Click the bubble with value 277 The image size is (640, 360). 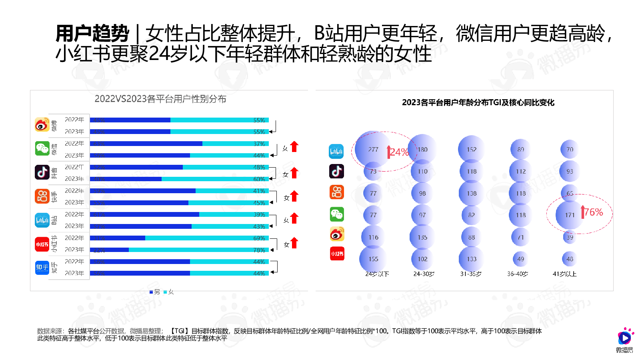[373, 149]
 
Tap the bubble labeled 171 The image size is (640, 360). [570, 215]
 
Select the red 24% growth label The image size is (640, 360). [399, 152]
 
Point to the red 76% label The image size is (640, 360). [593, 212]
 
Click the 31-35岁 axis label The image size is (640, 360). [471, 274]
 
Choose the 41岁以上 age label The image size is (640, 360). [564, 274]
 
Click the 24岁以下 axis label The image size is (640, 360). [377, 274]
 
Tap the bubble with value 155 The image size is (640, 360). [373, 259]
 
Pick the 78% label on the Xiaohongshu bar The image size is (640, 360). [259, 250]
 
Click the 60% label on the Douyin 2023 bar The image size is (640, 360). [259, 179]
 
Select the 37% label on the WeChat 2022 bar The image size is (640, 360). [259, 144]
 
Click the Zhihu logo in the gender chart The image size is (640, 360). [42, 267]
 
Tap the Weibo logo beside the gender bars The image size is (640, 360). [42, 125]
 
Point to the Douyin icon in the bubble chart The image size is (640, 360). [336, 171]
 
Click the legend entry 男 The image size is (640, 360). [155, 292]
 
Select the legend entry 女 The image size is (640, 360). [169, 292]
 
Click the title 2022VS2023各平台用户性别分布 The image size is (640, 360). [160, 99]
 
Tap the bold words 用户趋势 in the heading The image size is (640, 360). [92, 33]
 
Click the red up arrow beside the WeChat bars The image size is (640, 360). [294, 147]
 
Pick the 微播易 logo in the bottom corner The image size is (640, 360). [624, 340]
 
